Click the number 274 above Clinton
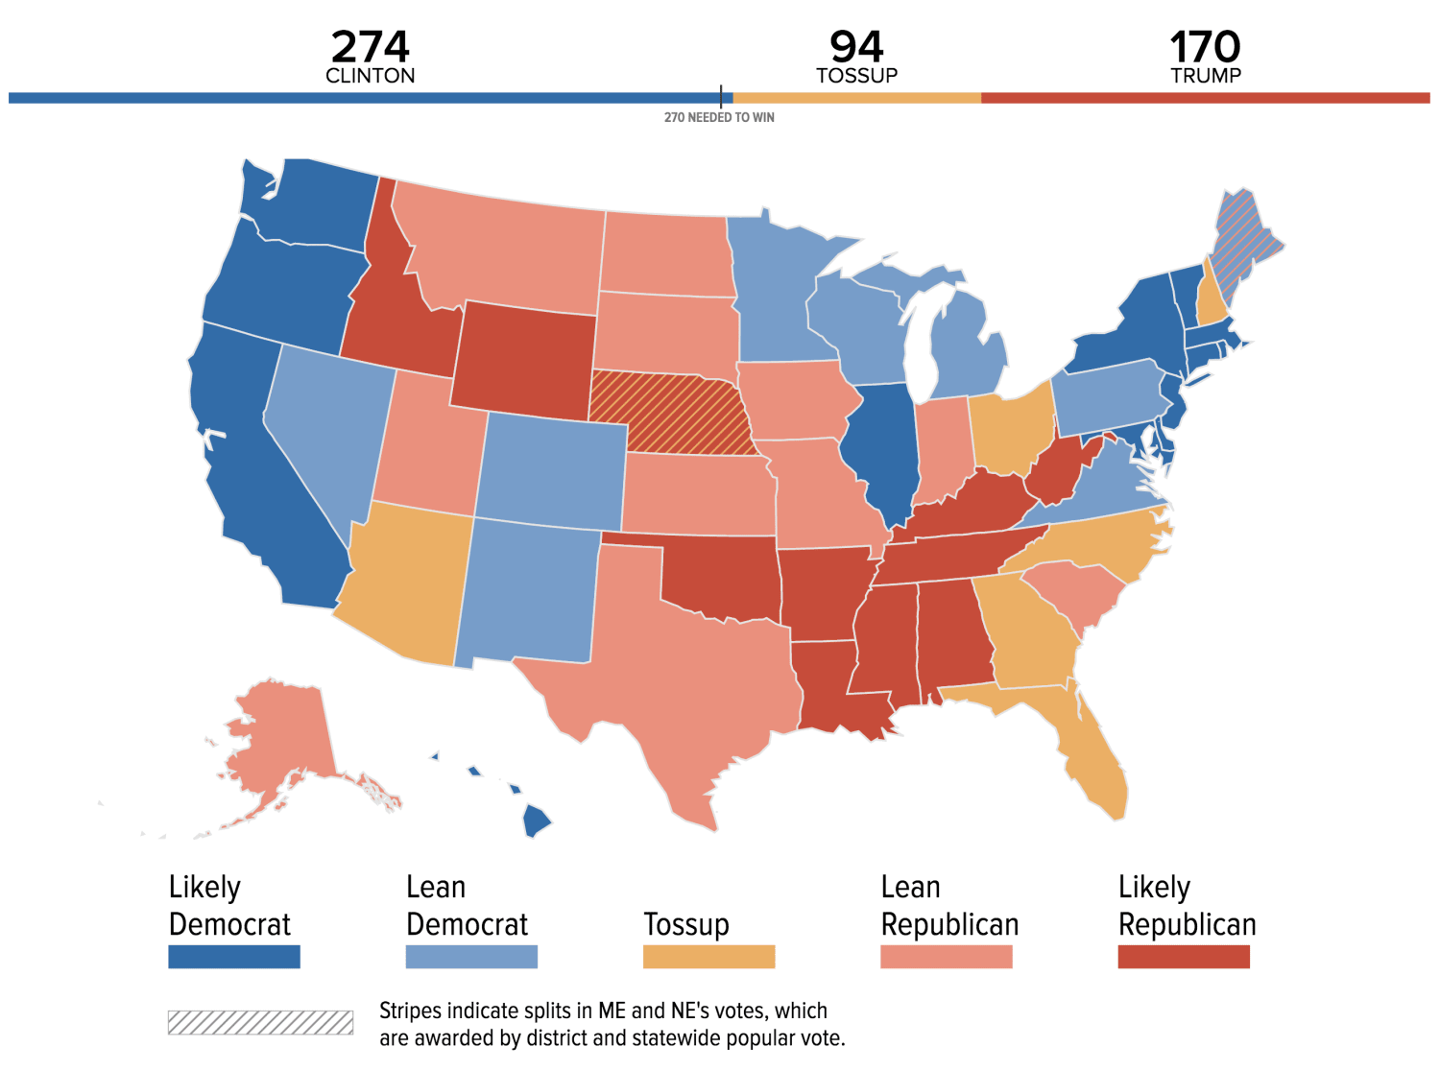tap(370, 46)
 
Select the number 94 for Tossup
tap(856, 46)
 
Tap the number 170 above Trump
tap(1205, 46)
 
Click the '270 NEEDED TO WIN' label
tap(719, 117)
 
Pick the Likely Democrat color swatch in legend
tap(234, 957)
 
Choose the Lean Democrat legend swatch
tap(471, 957)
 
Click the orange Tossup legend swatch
tap(708, 957)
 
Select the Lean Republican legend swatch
tap(946, 957)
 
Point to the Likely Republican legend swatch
tap(1184, 957)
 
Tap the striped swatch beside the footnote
tap(260, 1022)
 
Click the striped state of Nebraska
tap(672, 413)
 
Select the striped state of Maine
tap(1243, 240)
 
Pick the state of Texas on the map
tap(691, 672)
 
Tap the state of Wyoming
tap(523, 360)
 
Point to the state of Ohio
tap(1013, 427)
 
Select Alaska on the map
tap(283, 739)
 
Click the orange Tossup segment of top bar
tap(856, 98)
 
